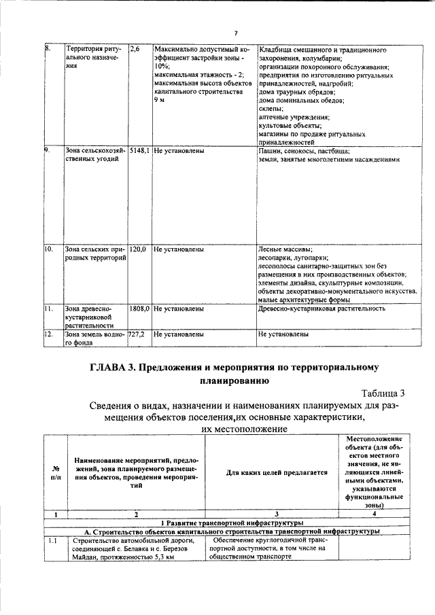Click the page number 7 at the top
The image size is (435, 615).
point(234,33)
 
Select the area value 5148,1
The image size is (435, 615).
point(139,151)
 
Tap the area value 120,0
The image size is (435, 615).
point(138,250)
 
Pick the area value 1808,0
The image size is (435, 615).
point(139,309)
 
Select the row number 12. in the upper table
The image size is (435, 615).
point(49,334)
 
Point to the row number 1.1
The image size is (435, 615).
point(53,541)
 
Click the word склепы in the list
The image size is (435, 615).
point(271,108)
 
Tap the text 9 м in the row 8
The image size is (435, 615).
point(159,100)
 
